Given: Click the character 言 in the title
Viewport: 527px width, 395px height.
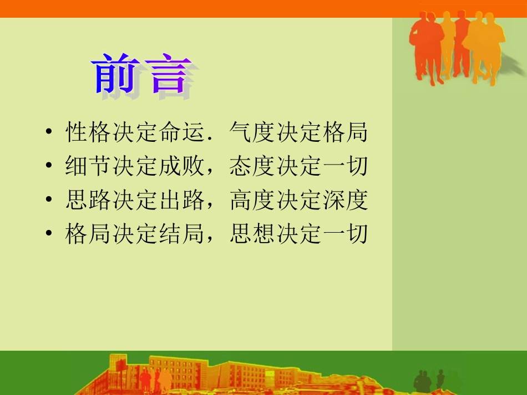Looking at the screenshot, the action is (x=169, y=74).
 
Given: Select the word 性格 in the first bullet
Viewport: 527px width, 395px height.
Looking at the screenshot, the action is (x=88, y=132).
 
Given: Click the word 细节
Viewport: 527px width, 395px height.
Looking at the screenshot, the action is (x=88, y=166).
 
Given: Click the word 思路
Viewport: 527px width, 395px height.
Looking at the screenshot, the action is (x=88, y=200).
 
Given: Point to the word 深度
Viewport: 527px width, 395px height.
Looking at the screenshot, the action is (x=346, y=200).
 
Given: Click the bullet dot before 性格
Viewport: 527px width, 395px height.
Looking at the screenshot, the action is (x=49, y=131).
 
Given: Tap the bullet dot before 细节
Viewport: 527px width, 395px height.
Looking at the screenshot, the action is (x=49, y=165).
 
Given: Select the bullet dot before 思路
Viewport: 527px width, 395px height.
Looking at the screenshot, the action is (x=49, y=199).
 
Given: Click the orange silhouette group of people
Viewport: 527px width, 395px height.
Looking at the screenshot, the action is (x=458, y=48).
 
